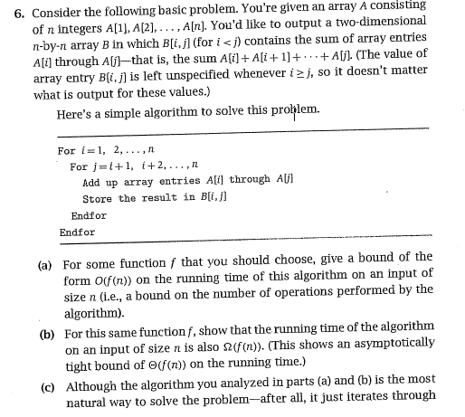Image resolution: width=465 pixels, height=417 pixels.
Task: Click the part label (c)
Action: tap(46, 381)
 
